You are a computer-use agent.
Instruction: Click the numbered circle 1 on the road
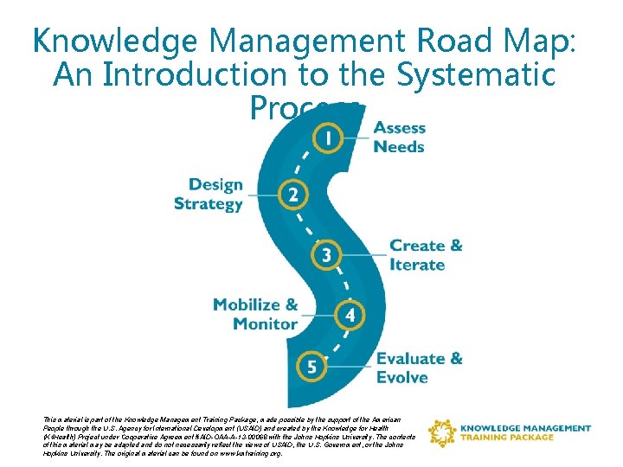pyautogui.click(x=327, y=136)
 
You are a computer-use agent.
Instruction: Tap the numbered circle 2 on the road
pyautogui.click(x=293, y=194)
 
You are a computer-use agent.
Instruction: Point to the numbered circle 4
pyautogui.click(x=350, y=316)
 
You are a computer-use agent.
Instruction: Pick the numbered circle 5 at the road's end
pyautogui.click(x=311, y=368)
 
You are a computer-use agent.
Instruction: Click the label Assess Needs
pyautogui.click(x=399, y=138)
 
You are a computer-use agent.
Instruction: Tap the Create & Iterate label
pyautogui.click(x=426, y=255)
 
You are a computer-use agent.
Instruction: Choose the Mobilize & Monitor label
pyautogui.click(x=255, y=314)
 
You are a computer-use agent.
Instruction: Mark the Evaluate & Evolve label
pyautogui.click(x=419, y=368)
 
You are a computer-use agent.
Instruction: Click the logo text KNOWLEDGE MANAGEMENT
pyautogui.click(x=526, y=428)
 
